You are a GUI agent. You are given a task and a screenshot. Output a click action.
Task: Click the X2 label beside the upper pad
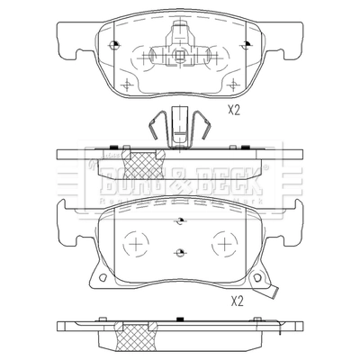coord(234,110)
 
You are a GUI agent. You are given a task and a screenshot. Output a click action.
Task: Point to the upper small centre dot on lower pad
coord(181,220)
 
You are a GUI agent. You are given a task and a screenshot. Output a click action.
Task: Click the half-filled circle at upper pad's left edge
coord(117,45)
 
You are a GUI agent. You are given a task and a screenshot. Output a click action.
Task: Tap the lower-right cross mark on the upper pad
coord(235,85)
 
